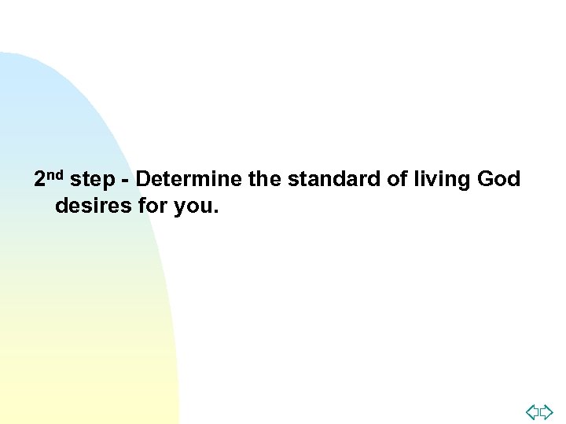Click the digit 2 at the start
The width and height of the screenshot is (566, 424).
point(42,180)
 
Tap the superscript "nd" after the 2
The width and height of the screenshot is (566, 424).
point(57,175)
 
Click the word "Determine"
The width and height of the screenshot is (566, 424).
point(189,180)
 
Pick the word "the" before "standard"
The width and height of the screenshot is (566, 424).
point(265,180)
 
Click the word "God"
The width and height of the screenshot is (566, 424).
point(498,180)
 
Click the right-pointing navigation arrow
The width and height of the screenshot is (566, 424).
point(547,411)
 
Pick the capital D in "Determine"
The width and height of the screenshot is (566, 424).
point(142,180)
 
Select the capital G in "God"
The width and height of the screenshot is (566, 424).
point(483,180)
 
